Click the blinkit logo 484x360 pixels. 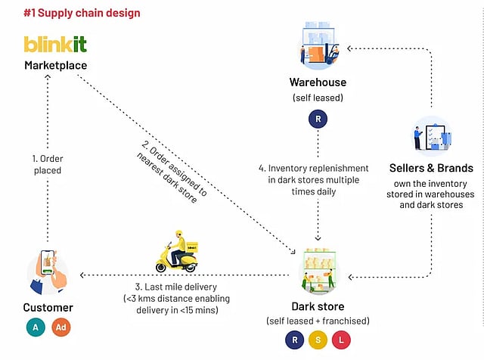pos(55,45)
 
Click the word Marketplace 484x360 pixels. pos(55,66)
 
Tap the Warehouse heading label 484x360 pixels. pos(318,82)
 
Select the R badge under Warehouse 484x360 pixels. pos(318,120)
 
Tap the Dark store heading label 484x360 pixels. pos(318,306)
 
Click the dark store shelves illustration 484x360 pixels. pos(318,268)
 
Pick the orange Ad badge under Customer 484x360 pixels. pos(61,328)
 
